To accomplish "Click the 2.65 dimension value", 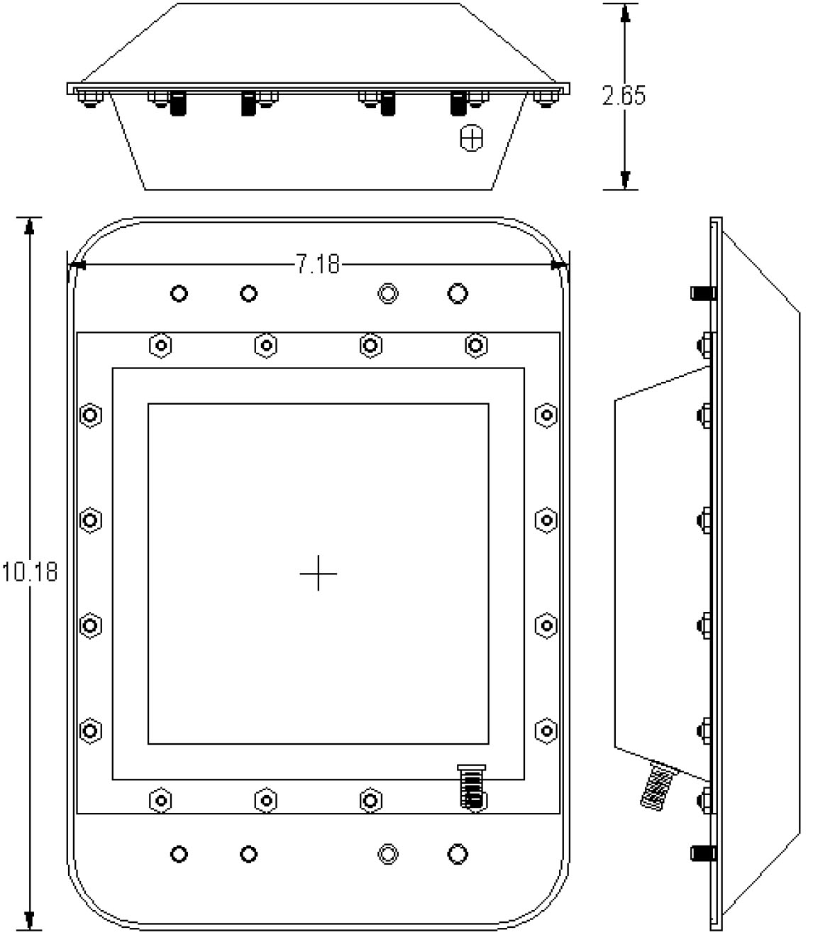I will click(x=624, y=96).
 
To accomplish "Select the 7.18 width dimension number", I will click(x=317, y=266).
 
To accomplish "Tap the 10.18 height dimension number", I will click(x=29, y=571).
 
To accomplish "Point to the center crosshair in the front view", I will click(x=319, y=573).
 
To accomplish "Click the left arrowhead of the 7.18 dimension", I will click(x=77, y=266).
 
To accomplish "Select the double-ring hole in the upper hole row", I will click(x=388, y=293).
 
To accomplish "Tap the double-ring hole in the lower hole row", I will click(x=388, y=853).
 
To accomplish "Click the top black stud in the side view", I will click(x=702, y=292).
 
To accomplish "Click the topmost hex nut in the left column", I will click(x=90, y=415).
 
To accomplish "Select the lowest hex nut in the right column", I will click(x=546, y=730).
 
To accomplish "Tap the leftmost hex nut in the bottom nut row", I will click(x=161, y=801).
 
